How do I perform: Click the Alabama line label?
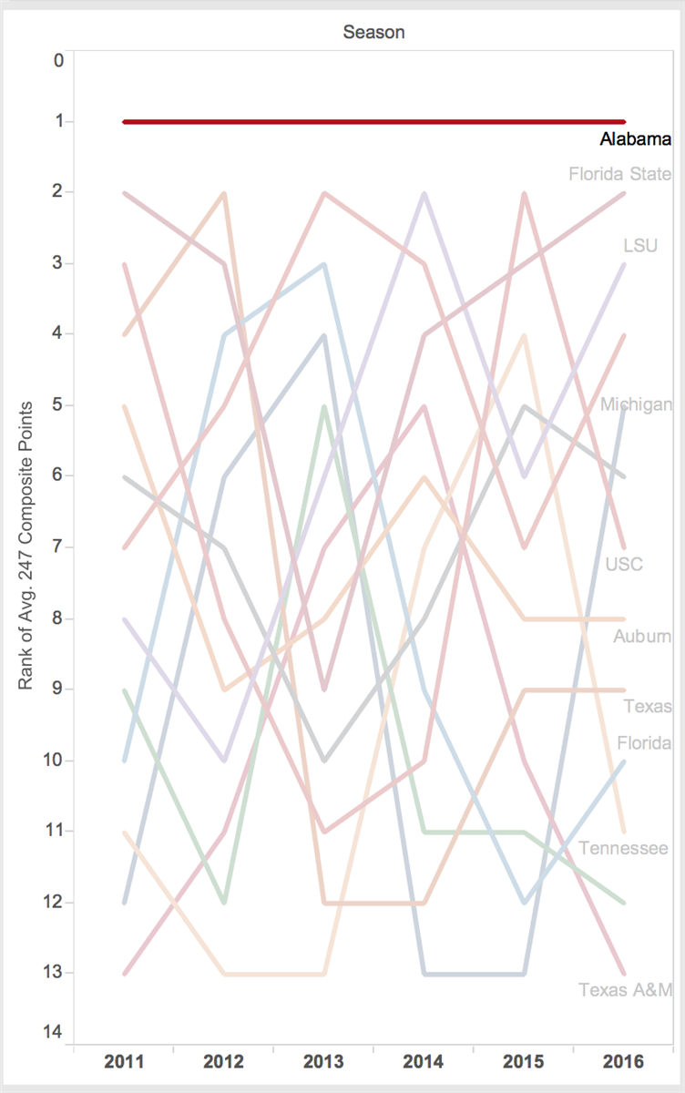(635, 140)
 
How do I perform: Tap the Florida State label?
(619, 174)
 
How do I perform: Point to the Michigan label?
(636, 405)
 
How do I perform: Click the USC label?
(624, 565)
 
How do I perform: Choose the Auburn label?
(642, 637)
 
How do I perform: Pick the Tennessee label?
(623, 849)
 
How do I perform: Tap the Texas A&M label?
(625, 990)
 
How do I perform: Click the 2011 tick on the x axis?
(124, 1061)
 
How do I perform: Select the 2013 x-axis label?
(323, 1061)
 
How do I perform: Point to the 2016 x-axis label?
(623, 1061)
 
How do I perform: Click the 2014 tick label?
(424, 1061)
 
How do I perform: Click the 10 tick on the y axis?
(56, 760)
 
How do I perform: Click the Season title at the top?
(373, 32)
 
